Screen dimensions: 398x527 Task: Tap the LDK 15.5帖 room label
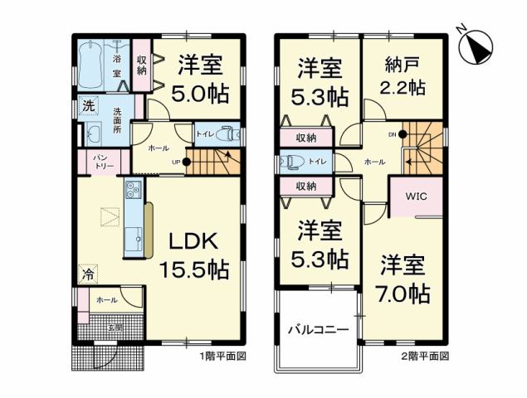tap(194, 254)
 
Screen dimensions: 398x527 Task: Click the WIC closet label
tap(416, 197)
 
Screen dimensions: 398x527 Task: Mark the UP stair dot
tap(187, 162)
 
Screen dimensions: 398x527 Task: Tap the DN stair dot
tap(402, 133)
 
